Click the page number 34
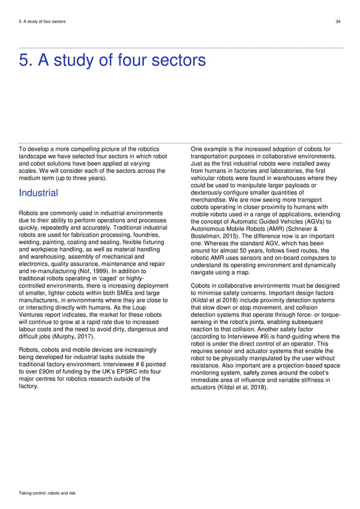tap(338, 22)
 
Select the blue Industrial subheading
tap(38, 193)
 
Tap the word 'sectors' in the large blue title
tap(172, 61)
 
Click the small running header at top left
tap(42, 22)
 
